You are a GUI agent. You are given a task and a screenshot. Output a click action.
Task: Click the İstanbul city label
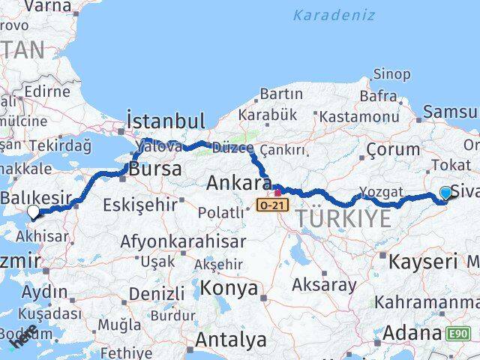coord(166,121)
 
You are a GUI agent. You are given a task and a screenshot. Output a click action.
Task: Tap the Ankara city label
coord(238,183)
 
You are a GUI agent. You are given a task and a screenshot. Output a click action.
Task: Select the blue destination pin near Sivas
coord(446,193)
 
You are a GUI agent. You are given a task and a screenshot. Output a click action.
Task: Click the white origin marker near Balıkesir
coord(33,212)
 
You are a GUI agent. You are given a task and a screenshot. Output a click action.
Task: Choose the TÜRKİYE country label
coord(345,219)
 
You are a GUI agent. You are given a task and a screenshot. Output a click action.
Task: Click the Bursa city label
coord(155,169)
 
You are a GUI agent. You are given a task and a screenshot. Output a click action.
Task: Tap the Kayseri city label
coord(423,262)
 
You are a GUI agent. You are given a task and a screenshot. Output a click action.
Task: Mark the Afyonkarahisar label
coord(184,242)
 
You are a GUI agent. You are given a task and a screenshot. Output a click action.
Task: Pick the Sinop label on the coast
coord(391,74)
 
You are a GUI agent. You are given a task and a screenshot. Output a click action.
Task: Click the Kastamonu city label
coord(359,117)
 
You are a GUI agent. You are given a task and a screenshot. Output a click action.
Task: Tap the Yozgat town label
coord(381,191)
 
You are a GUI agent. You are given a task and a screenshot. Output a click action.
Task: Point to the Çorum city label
coord(391,151)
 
